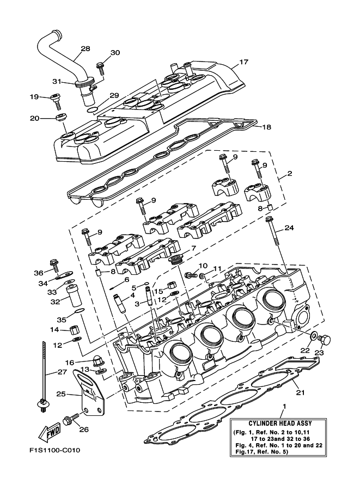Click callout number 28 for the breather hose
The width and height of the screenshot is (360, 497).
pos(85,49)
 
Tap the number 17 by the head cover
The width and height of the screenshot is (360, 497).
pos(243,62)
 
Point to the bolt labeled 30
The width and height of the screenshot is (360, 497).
pos(101,67)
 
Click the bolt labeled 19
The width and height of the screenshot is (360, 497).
pos(56,99)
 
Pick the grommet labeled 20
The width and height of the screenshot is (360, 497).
pos(62,117)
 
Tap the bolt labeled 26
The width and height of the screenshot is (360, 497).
pos(69,420)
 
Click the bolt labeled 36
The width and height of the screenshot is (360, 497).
pos(54,265)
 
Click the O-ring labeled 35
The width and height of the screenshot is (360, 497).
pos(79,312)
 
